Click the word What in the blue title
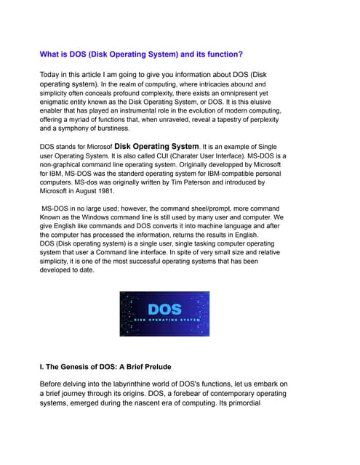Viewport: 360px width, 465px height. [51, 54]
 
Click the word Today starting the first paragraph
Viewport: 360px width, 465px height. [53, 74]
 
